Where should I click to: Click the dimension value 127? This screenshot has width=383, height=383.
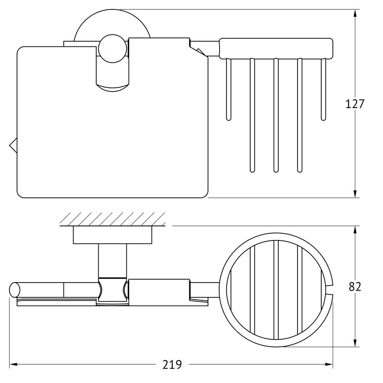354,104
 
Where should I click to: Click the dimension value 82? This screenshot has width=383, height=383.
354,286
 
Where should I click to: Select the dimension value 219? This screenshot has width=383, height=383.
172,365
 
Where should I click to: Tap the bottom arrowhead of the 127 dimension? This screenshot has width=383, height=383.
355,194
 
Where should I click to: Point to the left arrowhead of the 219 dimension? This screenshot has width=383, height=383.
13,365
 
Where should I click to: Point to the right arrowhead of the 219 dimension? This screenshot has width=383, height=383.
329,365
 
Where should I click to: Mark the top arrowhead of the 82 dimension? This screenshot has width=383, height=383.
355,230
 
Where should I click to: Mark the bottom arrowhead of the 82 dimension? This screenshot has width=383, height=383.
355,343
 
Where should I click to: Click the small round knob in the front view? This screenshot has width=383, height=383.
113,49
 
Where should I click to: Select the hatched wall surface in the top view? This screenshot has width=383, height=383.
113,219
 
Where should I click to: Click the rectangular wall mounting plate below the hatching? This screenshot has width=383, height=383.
113,235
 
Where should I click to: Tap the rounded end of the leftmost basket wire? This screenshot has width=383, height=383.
229,118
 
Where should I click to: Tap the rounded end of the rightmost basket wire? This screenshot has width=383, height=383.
323,118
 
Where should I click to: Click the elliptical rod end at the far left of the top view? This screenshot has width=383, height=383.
14,290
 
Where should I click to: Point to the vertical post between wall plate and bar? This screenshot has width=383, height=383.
113,261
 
